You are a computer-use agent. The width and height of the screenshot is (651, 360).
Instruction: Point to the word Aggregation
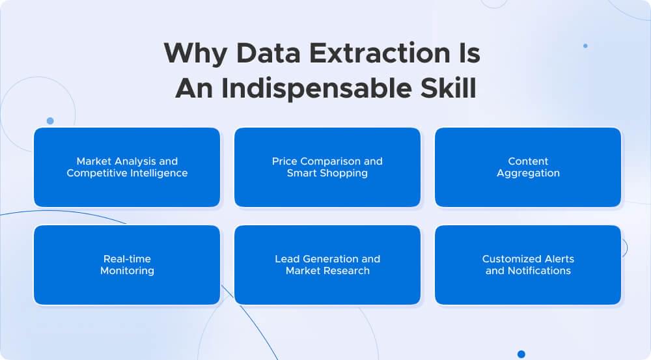coord(528,173)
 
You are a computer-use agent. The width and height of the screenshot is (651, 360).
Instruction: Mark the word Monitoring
coord(127,271)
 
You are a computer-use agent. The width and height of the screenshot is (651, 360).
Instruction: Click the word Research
coord(347,271)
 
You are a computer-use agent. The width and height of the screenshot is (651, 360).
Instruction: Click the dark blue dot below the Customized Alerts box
coord(521,354)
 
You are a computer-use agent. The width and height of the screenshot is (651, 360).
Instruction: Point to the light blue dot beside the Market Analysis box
coord(50,121)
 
